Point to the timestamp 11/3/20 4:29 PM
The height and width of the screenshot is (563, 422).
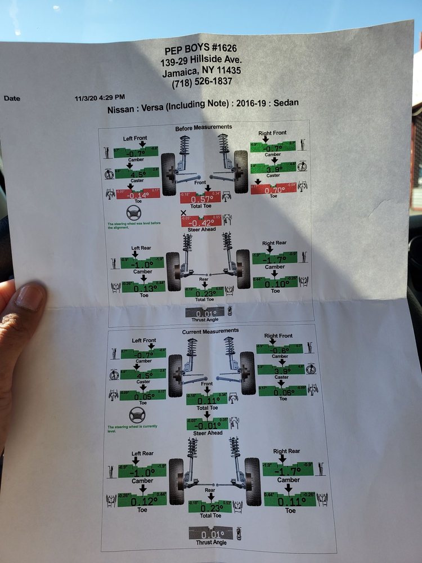100,97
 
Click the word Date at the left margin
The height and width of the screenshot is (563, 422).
12,99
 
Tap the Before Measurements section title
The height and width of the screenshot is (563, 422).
204,128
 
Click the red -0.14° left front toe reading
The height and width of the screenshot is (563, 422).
138,195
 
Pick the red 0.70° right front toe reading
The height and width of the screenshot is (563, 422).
273,190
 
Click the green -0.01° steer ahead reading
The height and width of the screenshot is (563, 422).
206,425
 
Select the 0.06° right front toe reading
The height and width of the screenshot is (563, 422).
282,392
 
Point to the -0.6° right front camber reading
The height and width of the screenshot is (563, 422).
280,349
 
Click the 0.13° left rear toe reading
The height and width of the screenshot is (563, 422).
143,287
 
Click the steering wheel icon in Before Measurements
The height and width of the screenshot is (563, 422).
134,213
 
